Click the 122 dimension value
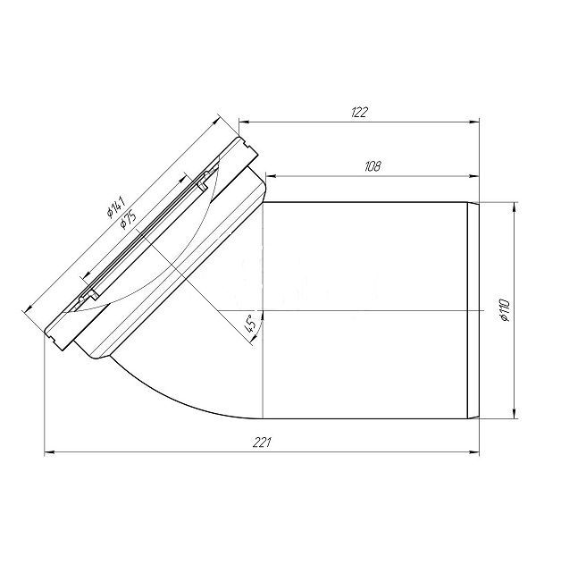359,112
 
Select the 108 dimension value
373,166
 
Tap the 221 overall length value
261,443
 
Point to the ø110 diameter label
505,310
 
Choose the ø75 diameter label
128,219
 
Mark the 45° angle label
250,324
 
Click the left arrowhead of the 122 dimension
244,122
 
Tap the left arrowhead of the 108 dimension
270,176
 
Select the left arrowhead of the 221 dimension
50,452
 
